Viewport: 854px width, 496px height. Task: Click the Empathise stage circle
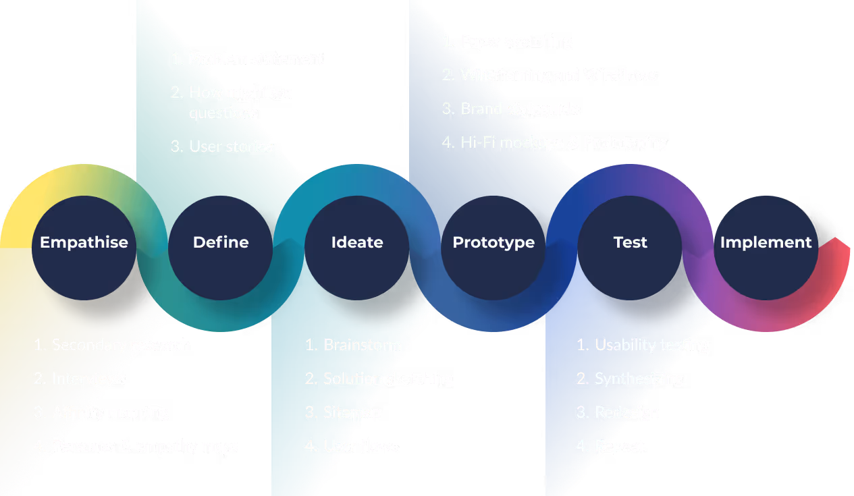pos(84,248)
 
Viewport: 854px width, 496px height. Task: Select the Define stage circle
pos(221,248)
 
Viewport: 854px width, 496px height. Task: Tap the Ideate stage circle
pos(357,248)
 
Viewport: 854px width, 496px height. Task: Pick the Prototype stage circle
pos(493,248)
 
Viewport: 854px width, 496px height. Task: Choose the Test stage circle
pos(630,248)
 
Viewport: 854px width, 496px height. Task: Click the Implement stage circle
pos(766,248)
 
